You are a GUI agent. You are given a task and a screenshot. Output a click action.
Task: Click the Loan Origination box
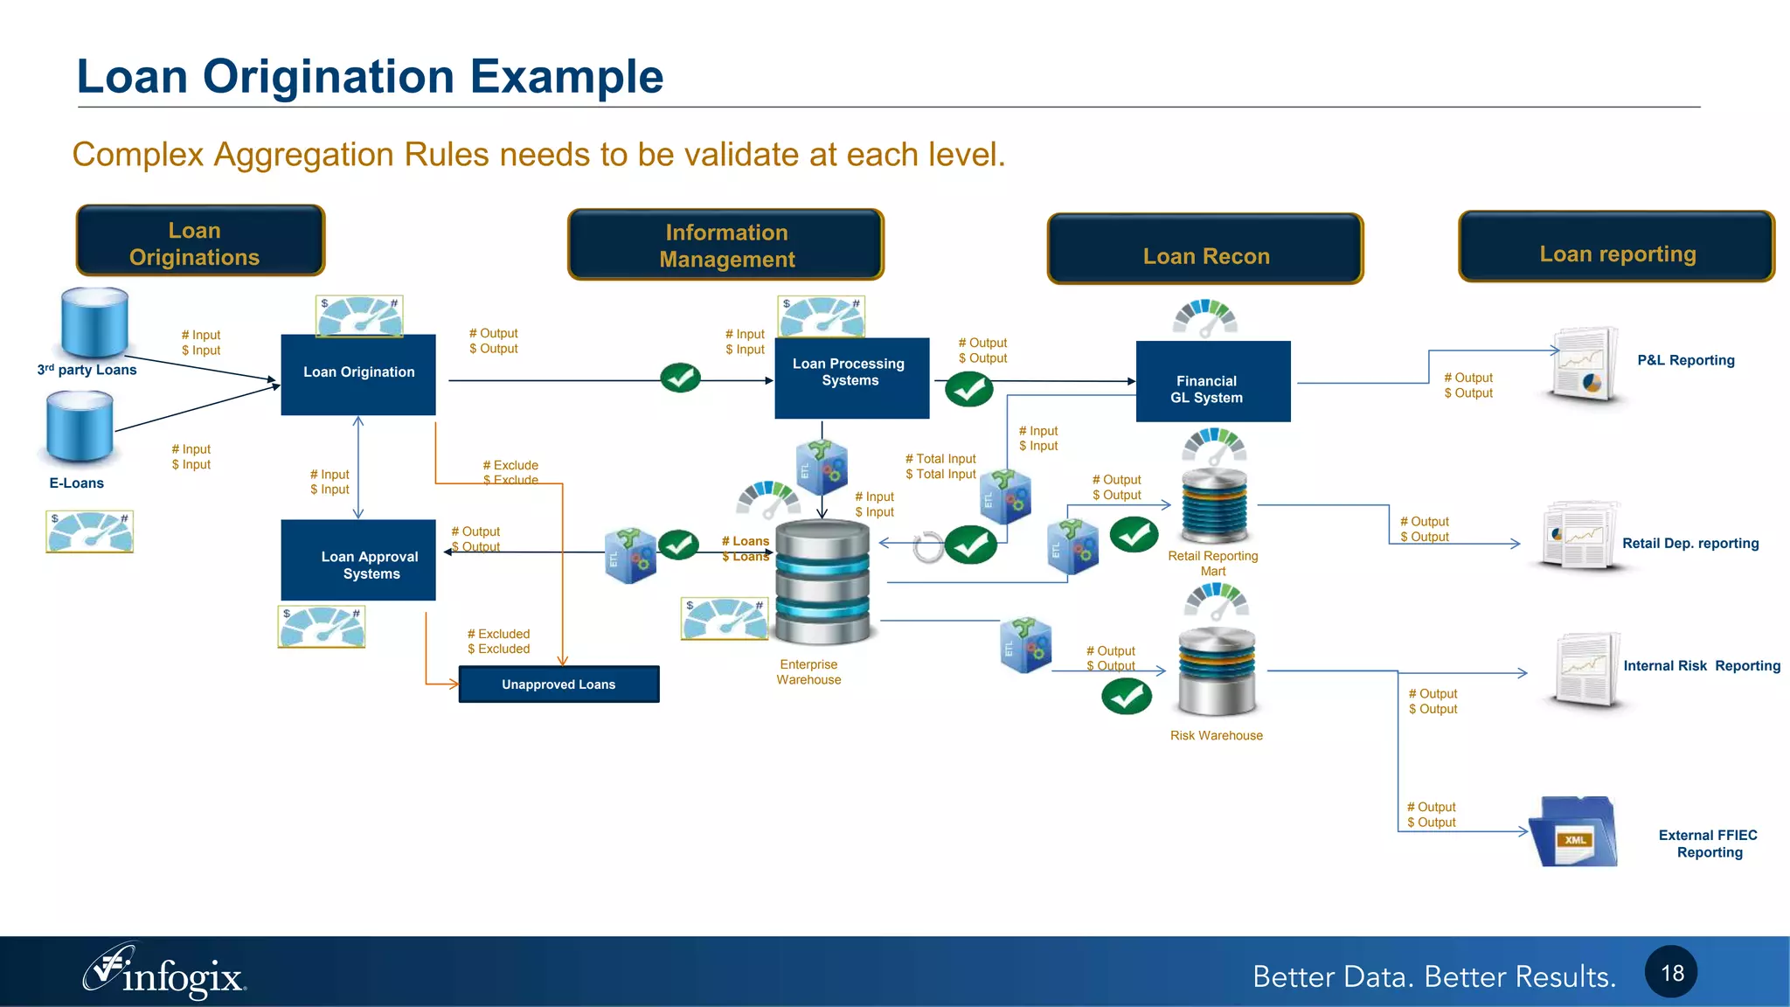pos(358,374)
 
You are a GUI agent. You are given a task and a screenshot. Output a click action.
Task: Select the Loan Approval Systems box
pos(358,560)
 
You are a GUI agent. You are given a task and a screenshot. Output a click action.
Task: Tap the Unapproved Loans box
pos(559,684)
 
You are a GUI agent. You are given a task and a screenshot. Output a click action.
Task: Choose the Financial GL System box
pos(1212,382)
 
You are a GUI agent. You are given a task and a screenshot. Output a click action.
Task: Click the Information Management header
pos(725,245)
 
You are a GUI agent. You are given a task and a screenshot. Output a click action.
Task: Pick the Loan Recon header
pos(1205,249)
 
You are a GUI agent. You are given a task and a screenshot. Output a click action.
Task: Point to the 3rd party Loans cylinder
pos(94,322)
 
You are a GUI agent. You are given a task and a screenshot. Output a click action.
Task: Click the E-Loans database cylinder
pos(80,426)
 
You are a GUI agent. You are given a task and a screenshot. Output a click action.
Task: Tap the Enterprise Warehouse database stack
pos(822,581)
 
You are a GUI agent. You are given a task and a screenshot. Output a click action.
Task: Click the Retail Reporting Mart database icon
pos(1214,507)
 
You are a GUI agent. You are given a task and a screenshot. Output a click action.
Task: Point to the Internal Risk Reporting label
pos(1701,666)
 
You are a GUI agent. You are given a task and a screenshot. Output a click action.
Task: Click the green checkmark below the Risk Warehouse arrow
pos(1127,697)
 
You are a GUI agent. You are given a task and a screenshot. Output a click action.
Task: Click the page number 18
pos(1671,973)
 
